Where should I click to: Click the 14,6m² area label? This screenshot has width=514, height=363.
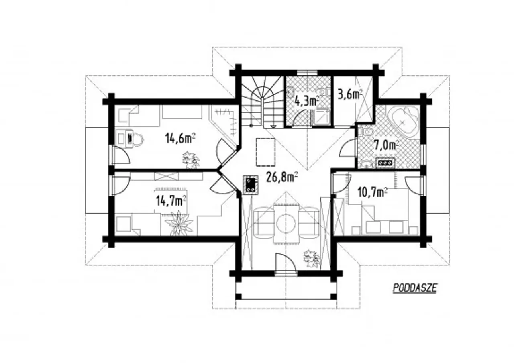(180, 139)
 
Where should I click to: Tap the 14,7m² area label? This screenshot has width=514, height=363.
(171, 201)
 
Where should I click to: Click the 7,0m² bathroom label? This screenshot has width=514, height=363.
(386, 145)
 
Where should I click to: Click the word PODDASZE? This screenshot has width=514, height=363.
(415, 288)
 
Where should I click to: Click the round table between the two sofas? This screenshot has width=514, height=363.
(286, 222)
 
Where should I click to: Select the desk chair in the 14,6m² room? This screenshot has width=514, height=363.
(138, 139)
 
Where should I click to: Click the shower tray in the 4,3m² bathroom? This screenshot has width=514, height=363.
(321, 117)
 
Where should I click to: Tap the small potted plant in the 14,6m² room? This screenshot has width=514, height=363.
(191, 159)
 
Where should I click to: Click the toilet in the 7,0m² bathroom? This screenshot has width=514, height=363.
(367, 131)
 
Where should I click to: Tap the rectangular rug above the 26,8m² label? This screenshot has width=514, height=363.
(265, 152)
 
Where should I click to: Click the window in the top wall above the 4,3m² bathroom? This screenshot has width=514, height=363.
(307, 73)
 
